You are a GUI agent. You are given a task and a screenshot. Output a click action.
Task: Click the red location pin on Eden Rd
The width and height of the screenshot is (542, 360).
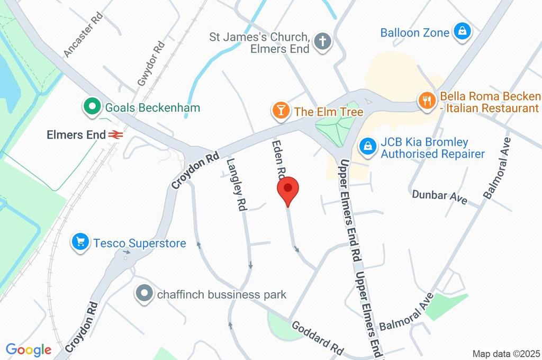pyautogui.click(x=288, y=190)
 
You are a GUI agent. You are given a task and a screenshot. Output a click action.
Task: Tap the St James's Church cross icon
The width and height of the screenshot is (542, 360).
pyautogui.click(x=322, y=42)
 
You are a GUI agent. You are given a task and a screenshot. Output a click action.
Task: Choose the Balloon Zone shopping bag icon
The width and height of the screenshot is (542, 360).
pyautogui.click(x=462, y=32)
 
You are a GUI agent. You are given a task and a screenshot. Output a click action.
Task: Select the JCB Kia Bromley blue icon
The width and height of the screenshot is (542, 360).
pyautogui.click(x=367, y=147)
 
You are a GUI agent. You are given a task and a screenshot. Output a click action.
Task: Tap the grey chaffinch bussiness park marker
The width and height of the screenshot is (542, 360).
pyautogui.click(x=143, y=293)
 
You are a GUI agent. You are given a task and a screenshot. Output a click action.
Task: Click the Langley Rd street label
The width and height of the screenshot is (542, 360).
pyautogui.click(x=237, y=185)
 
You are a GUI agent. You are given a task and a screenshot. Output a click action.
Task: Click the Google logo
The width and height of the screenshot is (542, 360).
pyautogui.click(x=29, y=349)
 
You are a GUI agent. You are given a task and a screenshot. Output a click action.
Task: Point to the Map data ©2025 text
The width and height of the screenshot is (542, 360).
pyautogui.click(x=506, y=353)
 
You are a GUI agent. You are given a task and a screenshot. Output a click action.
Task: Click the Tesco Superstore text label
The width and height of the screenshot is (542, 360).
pyautogui.click(x=140, y=244)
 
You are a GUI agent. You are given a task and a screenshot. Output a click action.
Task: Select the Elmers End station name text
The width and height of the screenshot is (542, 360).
pyautogui.click(x=76, y=135)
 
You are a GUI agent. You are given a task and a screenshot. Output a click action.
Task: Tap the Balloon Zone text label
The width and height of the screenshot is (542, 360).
pyautogui.click(x=415, y=33)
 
